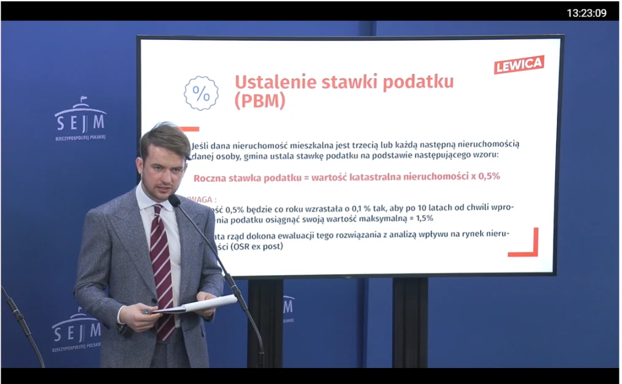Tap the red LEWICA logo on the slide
[519, 64]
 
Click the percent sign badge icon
[201, 93]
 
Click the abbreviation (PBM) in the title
[259, 102]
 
